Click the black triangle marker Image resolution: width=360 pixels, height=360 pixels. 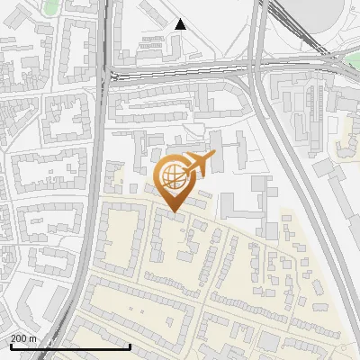tap(180, 24)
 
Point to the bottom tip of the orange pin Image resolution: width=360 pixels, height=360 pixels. tap(173, 211)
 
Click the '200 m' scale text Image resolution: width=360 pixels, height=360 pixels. tap(23, 338)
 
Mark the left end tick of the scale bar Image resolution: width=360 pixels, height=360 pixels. tap(10, 345)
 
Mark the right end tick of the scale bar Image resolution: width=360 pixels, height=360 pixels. tap(130, 345)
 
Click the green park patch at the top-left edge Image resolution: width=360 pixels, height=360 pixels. tap(51, 7)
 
